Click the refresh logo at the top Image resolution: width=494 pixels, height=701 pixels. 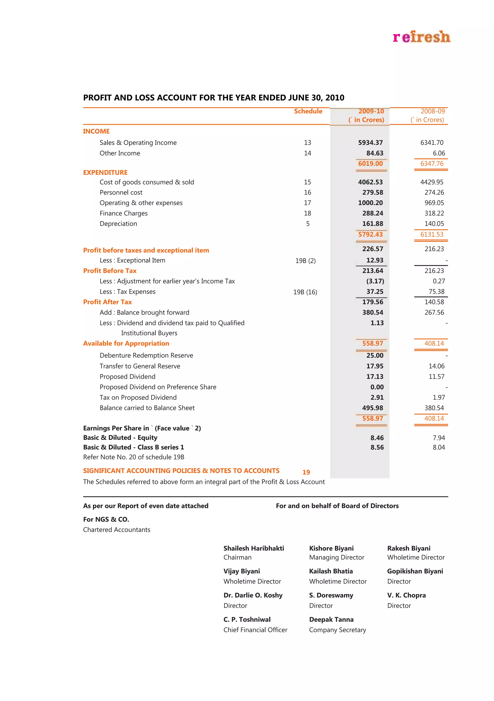coord(421,37)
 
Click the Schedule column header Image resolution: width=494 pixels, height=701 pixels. coord(308,111)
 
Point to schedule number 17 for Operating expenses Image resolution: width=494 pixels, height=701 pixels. coord(307,203)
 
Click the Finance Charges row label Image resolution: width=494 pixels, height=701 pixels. coord(123,213)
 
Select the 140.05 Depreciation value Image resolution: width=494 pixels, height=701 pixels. coord(434,224)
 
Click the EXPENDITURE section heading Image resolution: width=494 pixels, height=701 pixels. coord(105,173)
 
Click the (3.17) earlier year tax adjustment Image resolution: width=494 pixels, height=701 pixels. coord(375,281)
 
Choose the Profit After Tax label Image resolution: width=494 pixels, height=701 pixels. coord(107,302)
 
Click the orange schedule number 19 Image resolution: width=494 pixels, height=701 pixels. coord(306,472)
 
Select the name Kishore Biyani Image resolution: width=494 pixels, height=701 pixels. coord(331,548)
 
